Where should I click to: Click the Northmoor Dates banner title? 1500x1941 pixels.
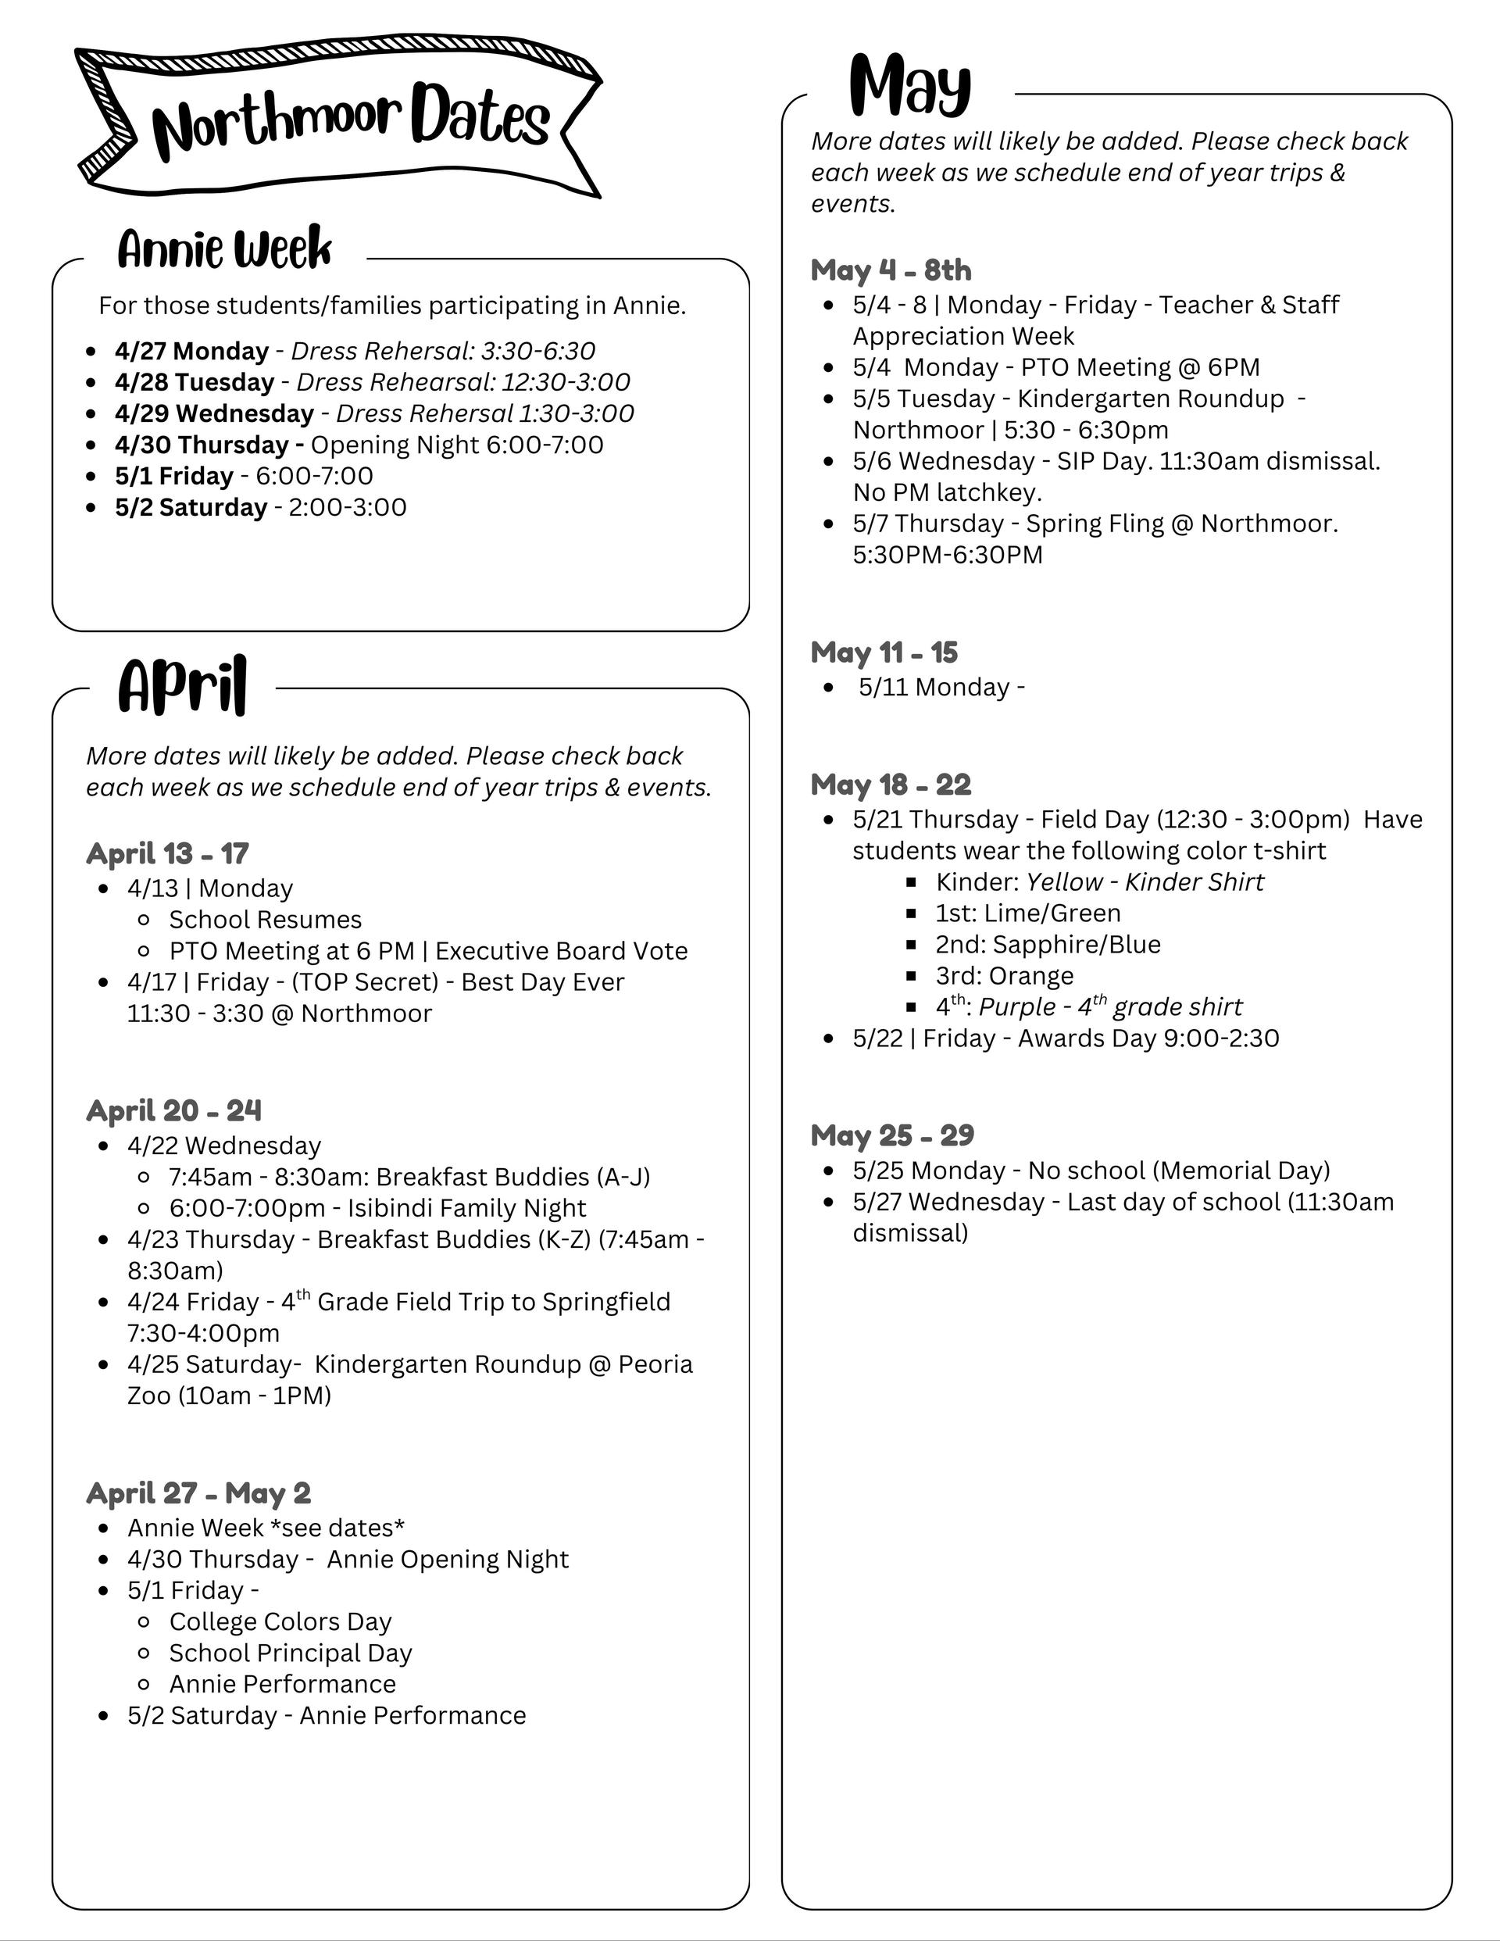[351, 122]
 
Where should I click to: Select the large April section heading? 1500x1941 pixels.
[182, 685]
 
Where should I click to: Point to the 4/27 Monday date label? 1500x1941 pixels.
[191, 351]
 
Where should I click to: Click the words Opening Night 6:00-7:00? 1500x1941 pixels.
[457, 445]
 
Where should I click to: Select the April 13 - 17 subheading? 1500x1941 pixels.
[167, 853]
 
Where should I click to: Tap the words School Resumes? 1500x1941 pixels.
[265, 919]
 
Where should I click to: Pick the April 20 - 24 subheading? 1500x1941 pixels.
[174, 1110]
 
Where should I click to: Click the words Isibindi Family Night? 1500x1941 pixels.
[466, 1208]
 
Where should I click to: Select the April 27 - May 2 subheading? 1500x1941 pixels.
[198, 1492]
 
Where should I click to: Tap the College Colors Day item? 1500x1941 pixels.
[280, 1621]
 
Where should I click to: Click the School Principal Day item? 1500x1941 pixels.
[291, 1652]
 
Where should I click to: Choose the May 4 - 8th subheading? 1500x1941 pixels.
[891, 270]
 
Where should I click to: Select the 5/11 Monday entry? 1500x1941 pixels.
[941, 687]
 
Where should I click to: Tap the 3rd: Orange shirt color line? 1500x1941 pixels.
[1004, 975]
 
